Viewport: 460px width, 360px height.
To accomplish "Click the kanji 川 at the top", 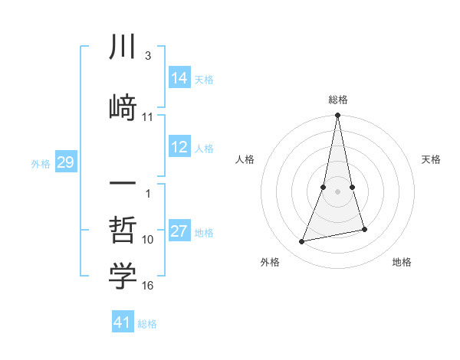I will [123, 48].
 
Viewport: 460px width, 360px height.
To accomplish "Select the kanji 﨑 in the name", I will [123, 105].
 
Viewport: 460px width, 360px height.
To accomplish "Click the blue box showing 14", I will [179, 78].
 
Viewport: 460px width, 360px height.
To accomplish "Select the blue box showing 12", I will [179, 148].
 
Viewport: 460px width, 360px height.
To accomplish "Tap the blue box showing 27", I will [179, 232].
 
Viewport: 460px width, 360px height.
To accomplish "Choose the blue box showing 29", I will [65, 162].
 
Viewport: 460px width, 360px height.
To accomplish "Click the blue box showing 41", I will [123, 322].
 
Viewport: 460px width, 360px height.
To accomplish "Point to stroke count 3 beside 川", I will [147, 57].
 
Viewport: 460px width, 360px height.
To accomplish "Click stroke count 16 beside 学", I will [148, 286].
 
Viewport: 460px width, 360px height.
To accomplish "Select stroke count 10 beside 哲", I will [148, 240].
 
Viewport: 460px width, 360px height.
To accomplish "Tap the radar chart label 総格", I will [337, 100].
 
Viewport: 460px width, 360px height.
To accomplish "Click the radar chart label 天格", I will [431, 159].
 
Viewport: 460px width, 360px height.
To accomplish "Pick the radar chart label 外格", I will [269, 262].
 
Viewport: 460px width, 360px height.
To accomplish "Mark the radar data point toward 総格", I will [337, 116].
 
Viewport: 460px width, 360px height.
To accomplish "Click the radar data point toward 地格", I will [364, 229].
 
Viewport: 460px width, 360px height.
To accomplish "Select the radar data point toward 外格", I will [302, 242].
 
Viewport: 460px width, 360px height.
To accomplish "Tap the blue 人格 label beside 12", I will [204, 149].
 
